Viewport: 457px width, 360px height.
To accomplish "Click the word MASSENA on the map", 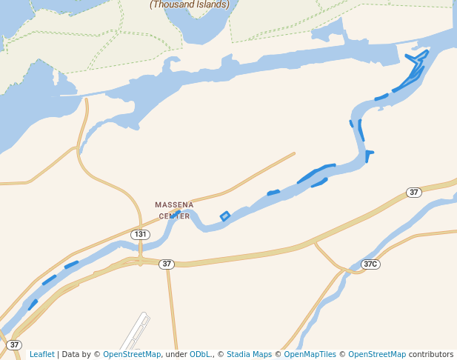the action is (x=174, y=204).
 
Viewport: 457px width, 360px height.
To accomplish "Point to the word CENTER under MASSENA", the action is (x=174, y=216).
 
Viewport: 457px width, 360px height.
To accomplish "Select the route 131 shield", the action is (x=140, y=234).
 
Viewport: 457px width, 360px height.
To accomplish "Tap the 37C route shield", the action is (x=370, y=264).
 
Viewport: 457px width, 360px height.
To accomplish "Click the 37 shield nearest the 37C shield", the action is (x=414, y=193).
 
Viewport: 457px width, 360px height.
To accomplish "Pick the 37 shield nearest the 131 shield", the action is (x=167, y=264).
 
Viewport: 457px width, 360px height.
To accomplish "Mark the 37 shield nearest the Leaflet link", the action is (x=14, y=344).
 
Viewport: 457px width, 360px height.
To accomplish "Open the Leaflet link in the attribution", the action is (x=41, y=355).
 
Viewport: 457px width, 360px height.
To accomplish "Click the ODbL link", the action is (x=201, y=355).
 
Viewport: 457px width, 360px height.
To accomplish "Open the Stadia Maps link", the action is (x=249, y=355).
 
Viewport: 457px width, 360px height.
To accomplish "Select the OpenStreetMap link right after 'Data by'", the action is (x=132, y=355).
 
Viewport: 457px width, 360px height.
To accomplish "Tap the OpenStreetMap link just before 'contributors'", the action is (x=377, y=355).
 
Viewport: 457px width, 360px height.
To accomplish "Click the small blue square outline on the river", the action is (x=225, y=216).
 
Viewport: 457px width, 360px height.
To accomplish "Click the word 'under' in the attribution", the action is (x=176, y=355).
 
